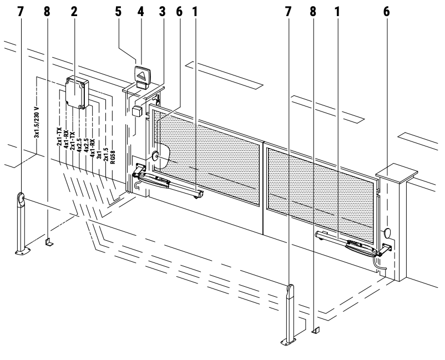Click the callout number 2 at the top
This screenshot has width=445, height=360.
pos(74,12)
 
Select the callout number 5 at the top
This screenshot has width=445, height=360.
pos(118,12)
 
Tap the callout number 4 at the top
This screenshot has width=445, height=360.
pos(141,12)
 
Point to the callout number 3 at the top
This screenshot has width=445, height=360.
pos(162,12)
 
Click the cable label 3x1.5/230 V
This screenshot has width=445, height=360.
pos(37,122)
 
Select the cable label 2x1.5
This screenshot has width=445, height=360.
pos(106,154)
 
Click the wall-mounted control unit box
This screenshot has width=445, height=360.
pos(77,93)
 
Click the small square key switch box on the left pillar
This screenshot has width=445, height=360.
pos(138,110)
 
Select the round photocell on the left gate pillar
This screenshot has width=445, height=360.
pos(155,156)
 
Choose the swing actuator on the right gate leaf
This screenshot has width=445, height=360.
pos(353,244)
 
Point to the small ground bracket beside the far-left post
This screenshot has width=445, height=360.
pos(48,242)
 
